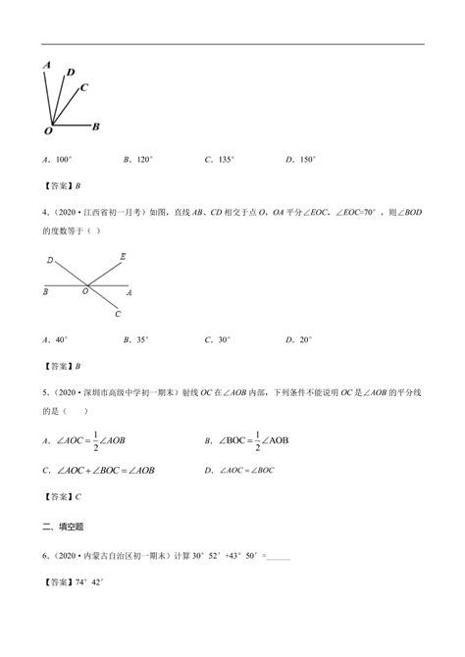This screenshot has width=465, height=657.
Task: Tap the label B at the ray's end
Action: pos(95,126)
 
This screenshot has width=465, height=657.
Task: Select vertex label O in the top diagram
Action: pos(48,129)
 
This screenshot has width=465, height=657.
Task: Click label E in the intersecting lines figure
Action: pos(122,257)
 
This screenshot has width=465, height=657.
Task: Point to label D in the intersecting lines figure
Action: pos(49,261)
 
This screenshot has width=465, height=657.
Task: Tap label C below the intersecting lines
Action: pos(117,314)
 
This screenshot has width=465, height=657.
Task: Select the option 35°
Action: pos(140,339)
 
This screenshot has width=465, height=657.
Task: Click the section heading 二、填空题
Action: pos(61,528)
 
